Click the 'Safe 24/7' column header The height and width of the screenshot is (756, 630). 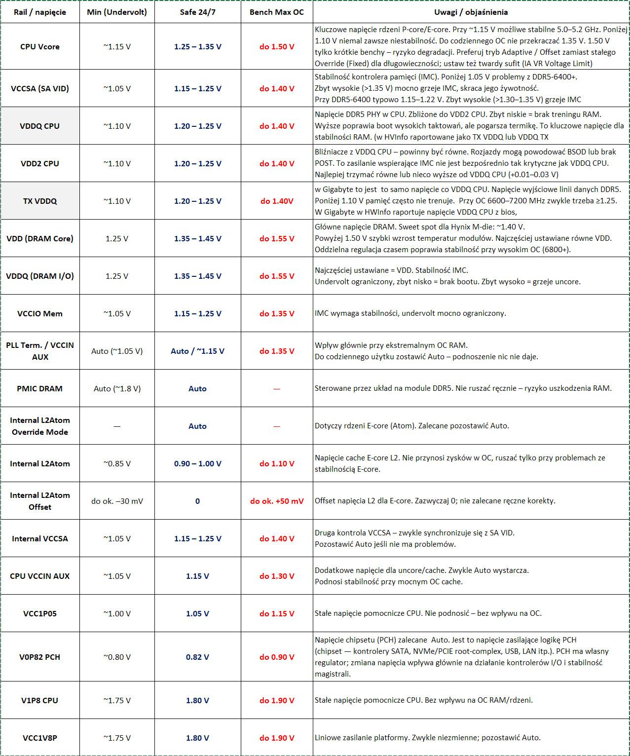[197, 12]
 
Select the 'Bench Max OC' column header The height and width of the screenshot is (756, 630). [277, 12]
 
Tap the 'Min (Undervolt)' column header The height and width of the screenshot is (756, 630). [117, 12]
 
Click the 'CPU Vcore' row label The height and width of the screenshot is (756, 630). [40, 47]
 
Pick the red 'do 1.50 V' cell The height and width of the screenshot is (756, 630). [277, 47]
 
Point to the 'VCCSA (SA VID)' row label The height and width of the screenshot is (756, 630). [40, 89]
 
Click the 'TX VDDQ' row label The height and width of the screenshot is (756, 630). [40, 201]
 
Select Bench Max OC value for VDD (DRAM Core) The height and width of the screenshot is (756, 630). [277, 239]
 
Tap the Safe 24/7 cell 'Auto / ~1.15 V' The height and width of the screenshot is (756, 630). [197, 351]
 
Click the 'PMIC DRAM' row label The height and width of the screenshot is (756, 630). [40, 389]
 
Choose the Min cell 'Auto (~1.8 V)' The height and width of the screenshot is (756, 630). [117, 389]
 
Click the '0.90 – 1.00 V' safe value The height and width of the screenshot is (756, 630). [197, 464]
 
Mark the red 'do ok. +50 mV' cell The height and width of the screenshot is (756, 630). [277, 501]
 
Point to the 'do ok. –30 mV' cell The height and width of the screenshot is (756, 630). [117, 501]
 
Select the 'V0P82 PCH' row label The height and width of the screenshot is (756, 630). [40, 657]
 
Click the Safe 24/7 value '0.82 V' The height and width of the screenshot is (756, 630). [197, 657]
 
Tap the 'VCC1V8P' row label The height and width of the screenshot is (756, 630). [40, 738]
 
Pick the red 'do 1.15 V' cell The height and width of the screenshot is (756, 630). [277, 614]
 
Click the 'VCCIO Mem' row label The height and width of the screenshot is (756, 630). [40, 314]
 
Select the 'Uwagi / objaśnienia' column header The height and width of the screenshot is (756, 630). [471, 12]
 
